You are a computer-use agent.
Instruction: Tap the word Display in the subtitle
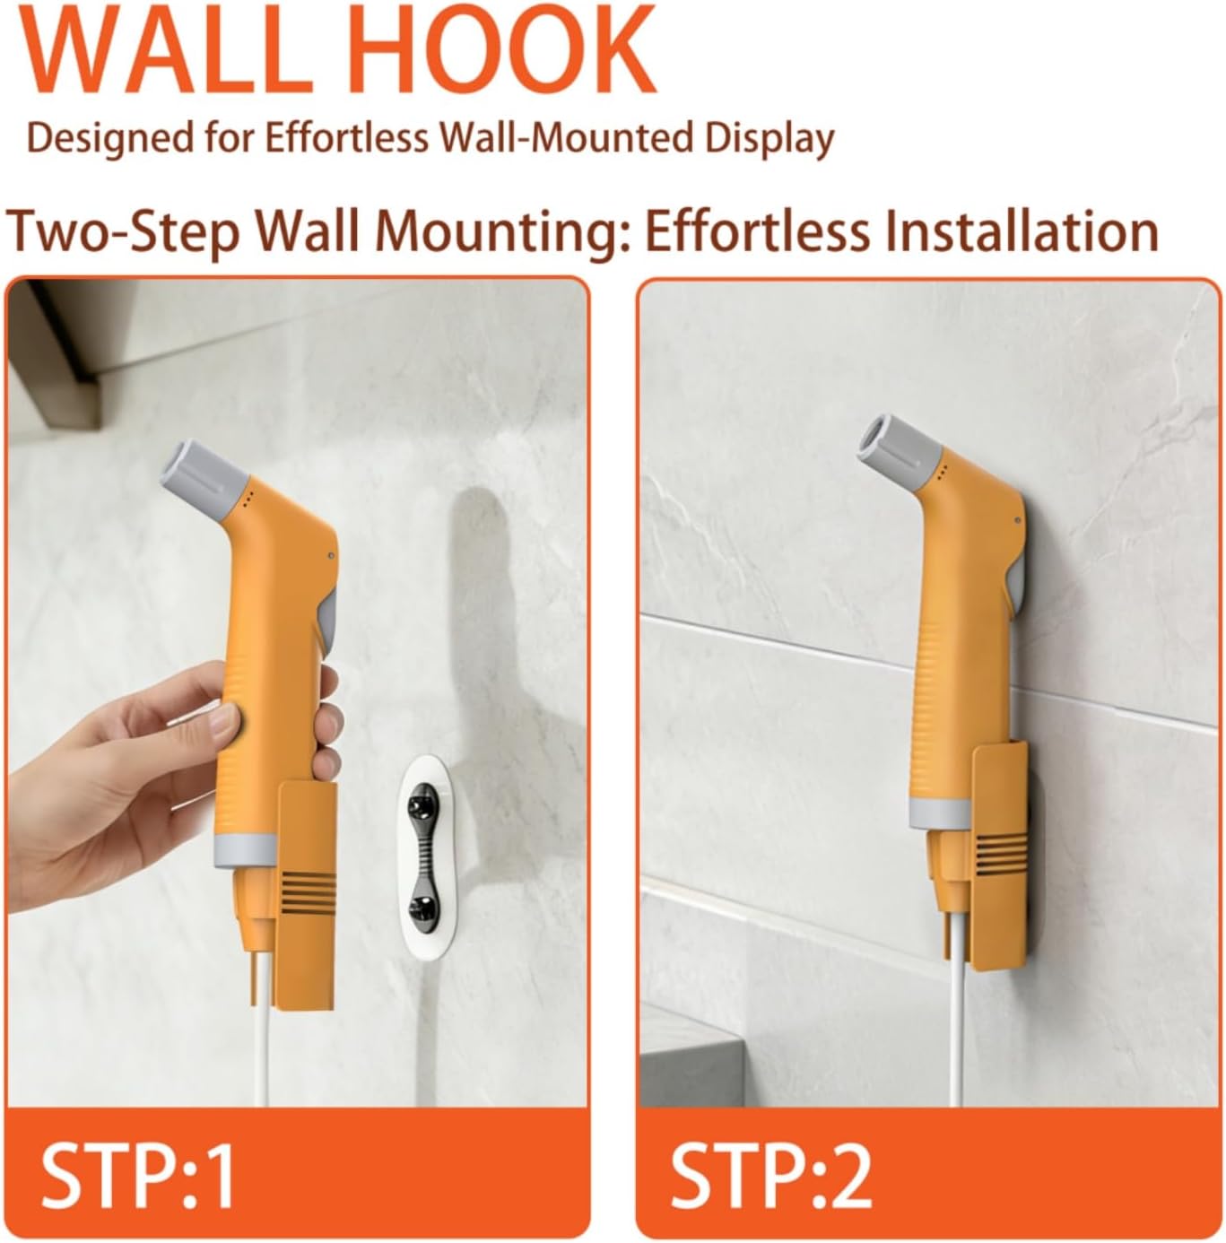[770, 139]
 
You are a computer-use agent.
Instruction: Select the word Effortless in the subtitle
[346, 137]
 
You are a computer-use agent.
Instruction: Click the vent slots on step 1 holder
[309, 890]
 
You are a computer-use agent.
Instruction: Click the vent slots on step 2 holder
[1001, 854]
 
